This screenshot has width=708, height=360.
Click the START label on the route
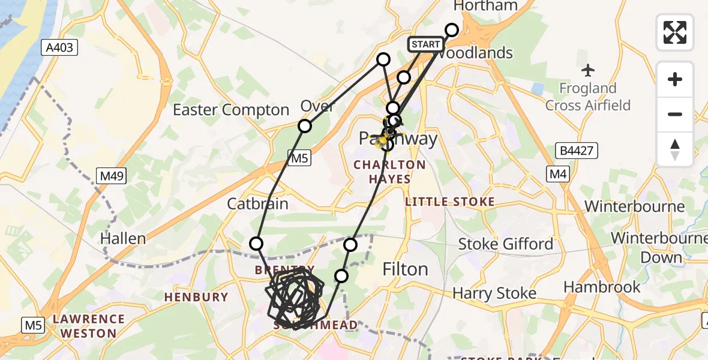(x=426, y=44)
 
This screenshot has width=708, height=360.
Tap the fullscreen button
(x=675, y=32)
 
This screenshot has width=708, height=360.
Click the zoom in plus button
(x=675, y=79)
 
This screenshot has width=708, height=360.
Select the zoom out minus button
(x=675, y=114)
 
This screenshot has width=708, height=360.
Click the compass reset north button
(x=675, y=149)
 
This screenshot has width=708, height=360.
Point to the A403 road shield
(x=60, y=48)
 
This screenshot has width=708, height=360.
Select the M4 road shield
(x=557, y=174)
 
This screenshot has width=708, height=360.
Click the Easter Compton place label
(x=231, y=110)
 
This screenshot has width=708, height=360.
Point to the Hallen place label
(x=123, y=239)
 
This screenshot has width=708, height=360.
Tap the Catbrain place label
(x=257, y=204)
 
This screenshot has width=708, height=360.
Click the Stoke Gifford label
(x=506, y=244)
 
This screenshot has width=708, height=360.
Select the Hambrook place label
(x=602, y=287)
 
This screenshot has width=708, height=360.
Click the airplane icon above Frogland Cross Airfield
(x=587, y=71)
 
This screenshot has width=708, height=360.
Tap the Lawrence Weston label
(x=88, y=326)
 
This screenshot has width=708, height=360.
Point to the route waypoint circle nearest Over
(x=305, y=126)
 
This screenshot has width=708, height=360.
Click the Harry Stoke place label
(x=494, y=293)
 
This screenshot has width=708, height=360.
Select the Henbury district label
(x=197, y=296)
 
